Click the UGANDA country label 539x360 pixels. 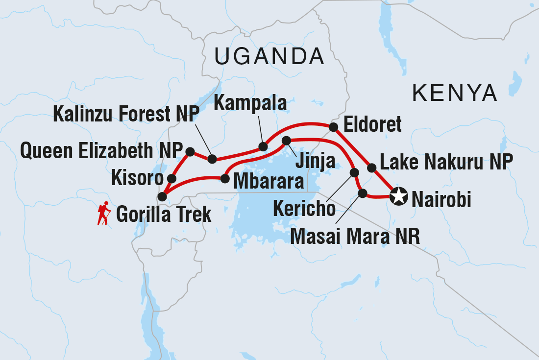point(269,57)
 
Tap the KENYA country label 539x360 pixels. point(455,92)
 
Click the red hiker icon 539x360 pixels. point(103,213)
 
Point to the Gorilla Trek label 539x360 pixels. point(164,214)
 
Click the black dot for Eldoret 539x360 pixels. point(334,127)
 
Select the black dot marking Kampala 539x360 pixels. point(263,146)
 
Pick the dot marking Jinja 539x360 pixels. point(287,141)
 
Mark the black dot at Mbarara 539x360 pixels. point(225,179)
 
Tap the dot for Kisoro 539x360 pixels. point(171,178)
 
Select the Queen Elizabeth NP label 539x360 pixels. point(101,151)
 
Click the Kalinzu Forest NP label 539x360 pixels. point(126,114)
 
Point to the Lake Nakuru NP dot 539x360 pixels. point(372,168)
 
